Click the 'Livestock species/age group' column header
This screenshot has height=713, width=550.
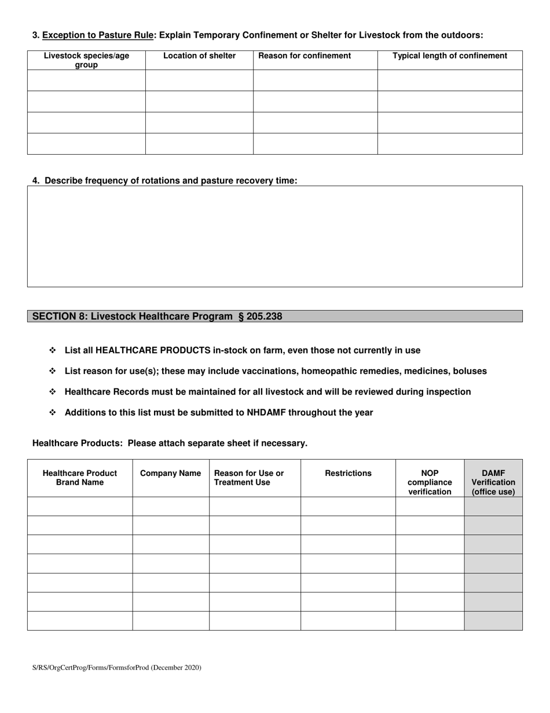86,60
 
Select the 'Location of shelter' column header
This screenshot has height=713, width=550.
199,56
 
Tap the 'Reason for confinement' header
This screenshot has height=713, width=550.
305,56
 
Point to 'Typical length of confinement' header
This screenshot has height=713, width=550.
450,56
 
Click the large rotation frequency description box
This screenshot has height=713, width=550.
274,236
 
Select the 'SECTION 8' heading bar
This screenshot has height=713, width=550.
274,316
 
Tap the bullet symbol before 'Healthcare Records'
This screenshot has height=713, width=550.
52,392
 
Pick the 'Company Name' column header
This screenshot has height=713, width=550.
170,473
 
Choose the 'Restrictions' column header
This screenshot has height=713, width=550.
348,473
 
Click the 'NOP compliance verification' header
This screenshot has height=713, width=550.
430,482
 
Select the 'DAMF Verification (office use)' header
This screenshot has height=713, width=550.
493,482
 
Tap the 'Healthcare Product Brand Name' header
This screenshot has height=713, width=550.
80,478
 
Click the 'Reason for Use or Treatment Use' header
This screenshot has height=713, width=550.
249,478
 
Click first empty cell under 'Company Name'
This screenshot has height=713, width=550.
170,506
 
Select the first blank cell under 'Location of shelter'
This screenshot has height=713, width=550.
199,80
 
